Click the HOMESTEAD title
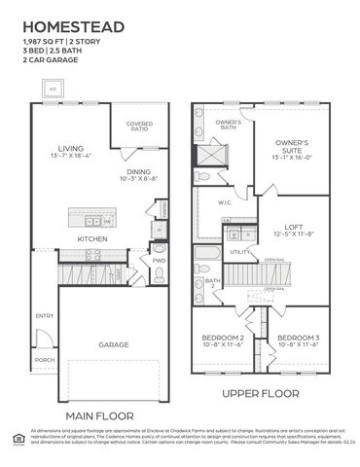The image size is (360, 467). click(x=66, y=26)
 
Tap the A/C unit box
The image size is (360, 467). click(x=53, y=89)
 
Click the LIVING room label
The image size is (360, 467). click(x=71, y=148)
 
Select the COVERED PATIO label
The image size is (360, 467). click(x=139, y=126)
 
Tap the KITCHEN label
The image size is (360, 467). click(x=92, y=238)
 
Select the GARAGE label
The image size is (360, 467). click(x=113, y=344)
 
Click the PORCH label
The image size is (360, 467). click(x=45, y=359)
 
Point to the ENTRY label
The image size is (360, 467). click(x=45, y=316)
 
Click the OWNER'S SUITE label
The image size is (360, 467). click(x=292, y=145)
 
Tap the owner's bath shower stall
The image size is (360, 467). click(x=209, y=157)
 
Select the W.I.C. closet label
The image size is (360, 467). click(x=224, y=202)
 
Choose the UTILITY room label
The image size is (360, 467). click(x=240, y=252)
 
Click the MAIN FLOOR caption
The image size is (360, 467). click(x=99, y=415)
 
